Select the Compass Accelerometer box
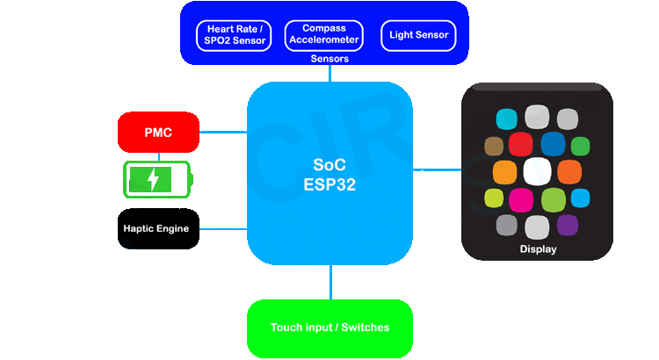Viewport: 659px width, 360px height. click(x=324, y=36)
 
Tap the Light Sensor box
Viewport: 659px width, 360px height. click(x=418, y=36)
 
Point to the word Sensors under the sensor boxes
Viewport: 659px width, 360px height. click(x=329, y=59)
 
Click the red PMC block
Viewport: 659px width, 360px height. click(x=158, y=133)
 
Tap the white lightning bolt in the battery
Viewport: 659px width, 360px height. click(x=154, y=180)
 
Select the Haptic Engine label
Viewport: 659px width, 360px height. click(x=155, y=229)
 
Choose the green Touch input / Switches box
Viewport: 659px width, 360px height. click(x=329, y=328)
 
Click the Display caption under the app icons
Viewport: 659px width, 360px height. click(x=538, y=249)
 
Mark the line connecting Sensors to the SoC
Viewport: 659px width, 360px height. click(x=330, y=74)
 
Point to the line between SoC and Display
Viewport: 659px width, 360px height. click(x=437, y=170)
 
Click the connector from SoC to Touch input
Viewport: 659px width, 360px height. click(x=330, y=282)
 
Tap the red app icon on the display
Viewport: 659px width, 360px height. click(x=521, y=145)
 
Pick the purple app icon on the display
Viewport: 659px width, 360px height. click(x=568, y=225)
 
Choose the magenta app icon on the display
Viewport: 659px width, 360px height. click(x=521, y=198)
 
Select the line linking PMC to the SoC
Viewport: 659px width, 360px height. click(x=223, y=133)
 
